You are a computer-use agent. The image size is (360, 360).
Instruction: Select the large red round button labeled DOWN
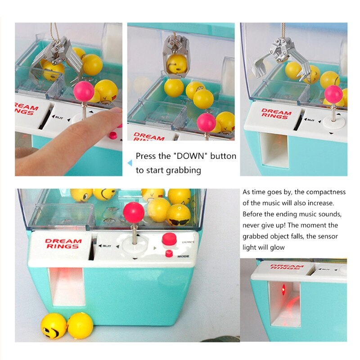[x=169, y=238]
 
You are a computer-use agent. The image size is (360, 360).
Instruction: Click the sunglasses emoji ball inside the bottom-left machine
[x=179, y=215]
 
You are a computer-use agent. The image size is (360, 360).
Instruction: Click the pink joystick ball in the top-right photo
[x=333, y=94]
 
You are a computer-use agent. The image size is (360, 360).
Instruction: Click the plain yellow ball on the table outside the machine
[x=81, y=324]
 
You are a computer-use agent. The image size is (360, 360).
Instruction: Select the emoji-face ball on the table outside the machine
[x=54, y=326]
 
